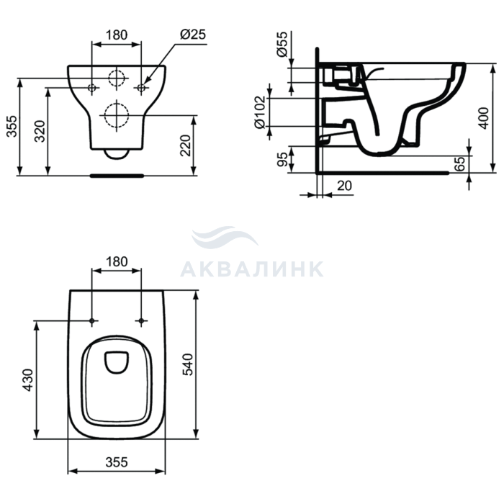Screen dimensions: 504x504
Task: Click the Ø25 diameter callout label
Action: [x=193, y=34]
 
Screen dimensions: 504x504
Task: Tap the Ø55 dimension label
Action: [x=282, y=45]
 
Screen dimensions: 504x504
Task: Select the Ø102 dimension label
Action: [x=260, y=112]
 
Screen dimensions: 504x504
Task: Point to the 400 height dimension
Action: [x=483, y=118]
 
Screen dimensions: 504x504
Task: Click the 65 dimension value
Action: [x=460, y=164]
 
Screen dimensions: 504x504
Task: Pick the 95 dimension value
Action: [x=282, y=159]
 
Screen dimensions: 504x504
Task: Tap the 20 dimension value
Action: [x=344, y=186]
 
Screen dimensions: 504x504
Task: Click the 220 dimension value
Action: [x=185, y=145]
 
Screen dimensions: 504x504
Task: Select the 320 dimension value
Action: [x=40, y=131]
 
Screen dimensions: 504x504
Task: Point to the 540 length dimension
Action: [x=188, y=364]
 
